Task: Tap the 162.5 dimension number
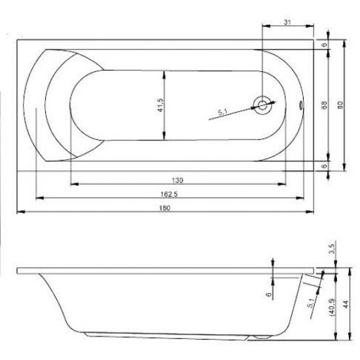(169, 194)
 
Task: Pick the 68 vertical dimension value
(325, 105)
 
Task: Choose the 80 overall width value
(340, 105)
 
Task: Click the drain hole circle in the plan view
(263, 105)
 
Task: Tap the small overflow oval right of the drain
(302, 103)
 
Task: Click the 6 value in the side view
(268, 295)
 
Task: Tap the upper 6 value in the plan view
(325, 44)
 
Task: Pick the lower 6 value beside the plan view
(325, 166)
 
